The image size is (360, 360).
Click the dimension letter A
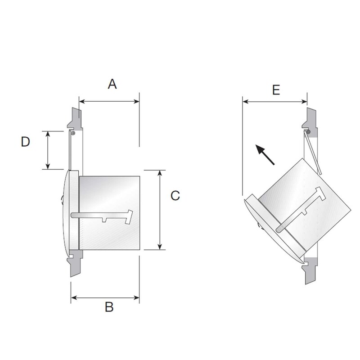tap(112, 84)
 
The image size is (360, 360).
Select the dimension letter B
tap(109, 307)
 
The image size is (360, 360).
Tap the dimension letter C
tap(175, 196)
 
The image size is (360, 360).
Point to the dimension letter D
tap(26, 142)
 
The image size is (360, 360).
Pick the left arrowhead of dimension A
tap(81, 102)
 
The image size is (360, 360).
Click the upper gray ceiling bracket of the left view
tap(75, 118)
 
